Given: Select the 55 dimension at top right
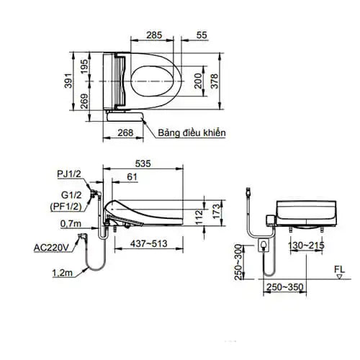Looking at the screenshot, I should pyautogui.click(x=201, y=34).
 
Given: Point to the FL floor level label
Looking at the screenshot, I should pyautogui.click(x=339, y=271).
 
